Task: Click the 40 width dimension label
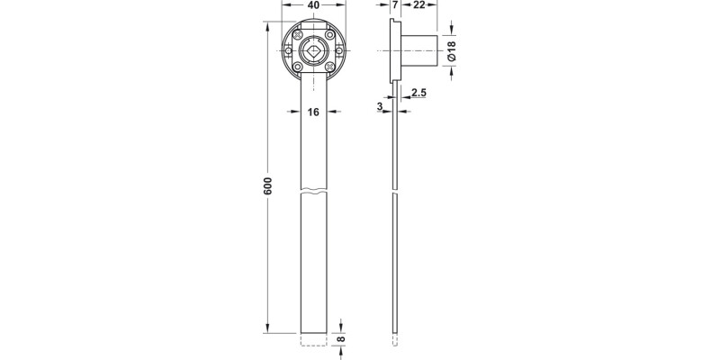pos(313,5)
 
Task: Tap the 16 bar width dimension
pos(313,112)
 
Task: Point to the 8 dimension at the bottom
pos(340,339)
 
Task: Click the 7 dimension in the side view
pos(395,5)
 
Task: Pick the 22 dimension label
pos(419,5)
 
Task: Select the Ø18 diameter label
pos(451,51)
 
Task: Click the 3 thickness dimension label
pos(381,105)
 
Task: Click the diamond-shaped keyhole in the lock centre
pos(313,53)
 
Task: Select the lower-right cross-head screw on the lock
pos(333,68)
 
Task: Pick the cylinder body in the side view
pos(419,52)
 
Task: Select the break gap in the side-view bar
pos(395,193)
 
